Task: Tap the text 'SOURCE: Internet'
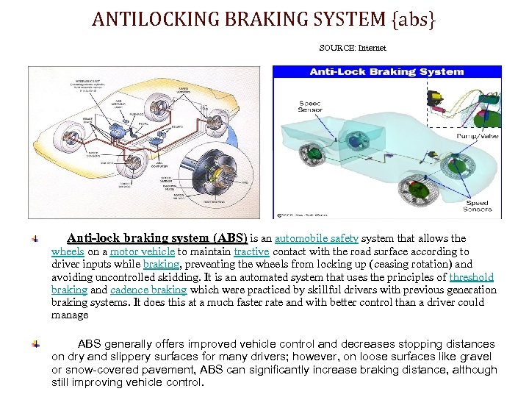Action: pyautogui.click(x=353, y=48)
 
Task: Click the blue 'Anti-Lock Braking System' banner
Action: pyautogui.click(x=386, y=72)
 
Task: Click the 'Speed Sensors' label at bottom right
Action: pyautogui.click(x=478, y=206)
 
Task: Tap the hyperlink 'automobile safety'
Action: pyautogui.click(x=317, y=238)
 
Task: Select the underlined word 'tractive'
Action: pyautogui.click(x=251, y=251)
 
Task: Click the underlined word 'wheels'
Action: pyautogui.click(x=68, y=251)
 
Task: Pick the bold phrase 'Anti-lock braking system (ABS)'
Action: pyautogui.click(x=157, y=238)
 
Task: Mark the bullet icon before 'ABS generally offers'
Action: pyautogui.click(x=35, y=344)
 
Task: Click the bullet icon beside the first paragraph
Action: pyautogui.click(x=35, y=239)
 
